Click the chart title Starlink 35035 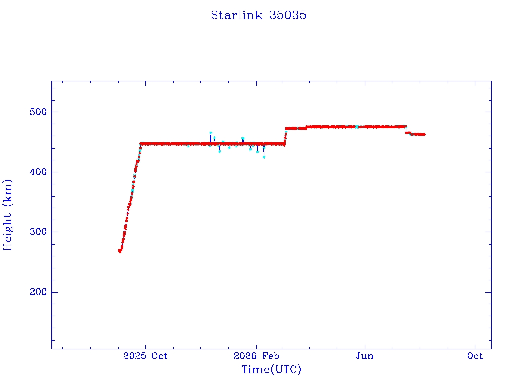258,15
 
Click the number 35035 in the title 287,15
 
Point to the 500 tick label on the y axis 38,112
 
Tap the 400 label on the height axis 38,172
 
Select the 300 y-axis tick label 38,232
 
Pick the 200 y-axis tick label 38,292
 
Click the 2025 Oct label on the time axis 145,356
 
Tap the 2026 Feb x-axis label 256,356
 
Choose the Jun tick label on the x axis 365,356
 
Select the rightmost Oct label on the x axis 475,356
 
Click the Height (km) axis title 7,215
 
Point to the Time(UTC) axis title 271,369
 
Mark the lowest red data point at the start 120,251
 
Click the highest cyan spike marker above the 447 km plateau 211,133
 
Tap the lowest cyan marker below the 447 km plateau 264,157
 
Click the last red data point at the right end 424,134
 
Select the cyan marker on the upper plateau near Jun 357,127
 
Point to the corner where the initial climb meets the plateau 141,144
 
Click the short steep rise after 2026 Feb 285,136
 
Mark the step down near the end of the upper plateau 406,130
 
